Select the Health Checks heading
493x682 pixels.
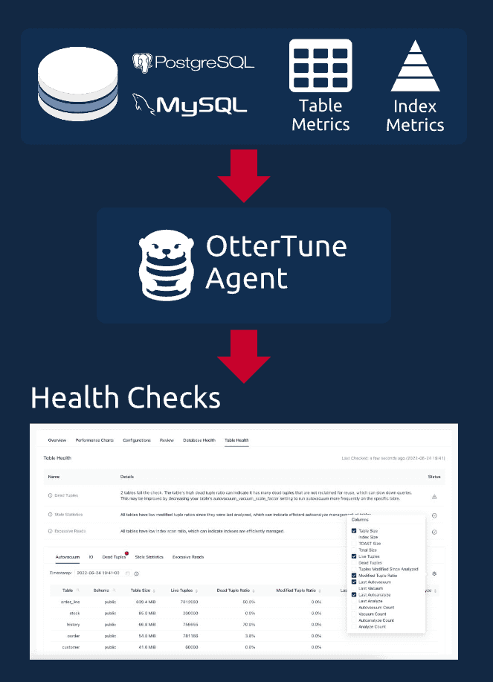coord(125,397)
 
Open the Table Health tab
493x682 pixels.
coord(236,440)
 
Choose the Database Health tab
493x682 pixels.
coord(199,440)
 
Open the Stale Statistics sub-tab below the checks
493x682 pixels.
coord(149,556)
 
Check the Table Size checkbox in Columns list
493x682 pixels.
coord(354,531)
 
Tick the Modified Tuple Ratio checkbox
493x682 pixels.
coord(354,576)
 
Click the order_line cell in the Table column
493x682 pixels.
coord(71,602)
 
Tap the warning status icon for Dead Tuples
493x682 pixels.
coord(434,496)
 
